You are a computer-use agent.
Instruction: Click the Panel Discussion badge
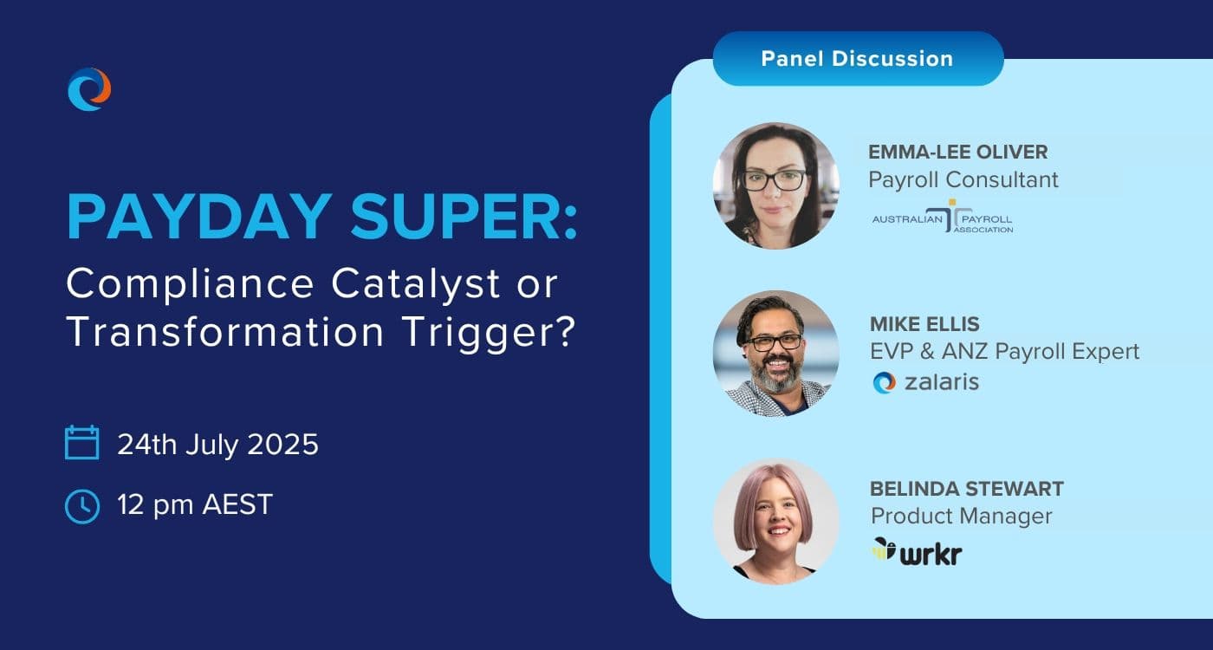[859, 59]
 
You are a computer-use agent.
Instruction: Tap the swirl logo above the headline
[89, 89]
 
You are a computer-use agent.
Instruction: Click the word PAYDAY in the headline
[199, 217]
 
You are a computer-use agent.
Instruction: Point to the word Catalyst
[415, 283]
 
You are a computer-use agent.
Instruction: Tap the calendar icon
[81, 443]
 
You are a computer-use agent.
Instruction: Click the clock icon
[81, 506]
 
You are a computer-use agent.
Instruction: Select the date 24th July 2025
[217, 445]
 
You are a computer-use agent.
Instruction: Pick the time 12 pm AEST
[195, 504]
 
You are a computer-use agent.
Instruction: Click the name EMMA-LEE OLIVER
[958, 153]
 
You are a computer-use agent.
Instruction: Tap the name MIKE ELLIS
[925, 324]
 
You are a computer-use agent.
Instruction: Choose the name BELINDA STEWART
[967, 489]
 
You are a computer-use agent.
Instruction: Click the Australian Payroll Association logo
[943, 217]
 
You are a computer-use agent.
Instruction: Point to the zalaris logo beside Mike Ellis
[926, 382]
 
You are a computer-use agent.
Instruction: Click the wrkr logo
[917, 552]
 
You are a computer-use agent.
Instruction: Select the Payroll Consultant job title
[963, 180]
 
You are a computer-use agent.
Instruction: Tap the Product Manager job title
[961, 517]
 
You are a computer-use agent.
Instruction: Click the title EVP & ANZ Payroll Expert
[1004, 352]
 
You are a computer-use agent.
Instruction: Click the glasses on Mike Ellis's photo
[774, 342]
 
